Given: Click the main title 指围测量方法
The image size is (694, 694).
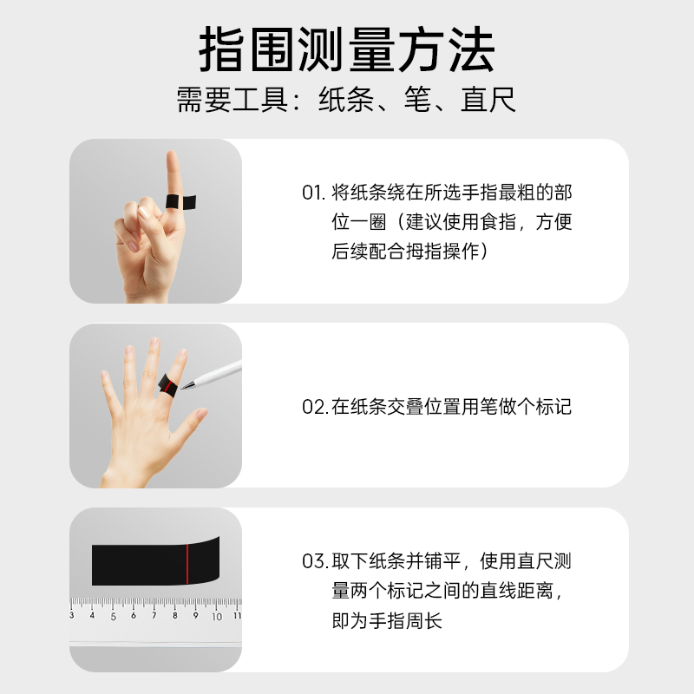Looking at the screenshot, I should coord(347,50).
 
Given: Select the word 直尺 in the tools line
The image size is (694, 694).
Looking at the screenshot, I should coord(488,99).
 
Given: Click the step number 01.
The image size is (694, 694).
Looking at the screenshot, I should coord(312,193).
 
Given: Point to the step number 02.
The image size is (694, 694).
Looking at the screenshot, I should coord(314,406).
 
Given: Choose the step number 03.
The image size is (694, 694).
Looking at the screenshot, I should coord(314,561).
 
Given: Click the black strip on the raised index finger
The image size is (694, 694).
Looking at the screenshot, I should coord(182,202).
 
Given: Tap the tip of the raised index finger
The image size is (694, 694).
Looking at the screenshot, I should coord(172,156).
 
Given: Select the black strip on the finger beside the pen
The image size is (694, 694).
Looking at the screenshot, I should coord(167,383).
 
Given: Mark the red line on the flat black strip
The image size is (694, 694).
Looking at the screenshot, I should coord(187,563).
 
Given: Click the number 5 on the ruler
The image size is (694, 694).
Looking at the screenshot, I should coord(113,617).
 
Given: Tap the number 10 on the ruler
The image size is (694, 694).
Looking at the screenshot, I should coord(216,617).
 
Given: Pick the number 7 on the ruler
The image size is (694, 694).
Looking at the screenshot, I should coord(154,617).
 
